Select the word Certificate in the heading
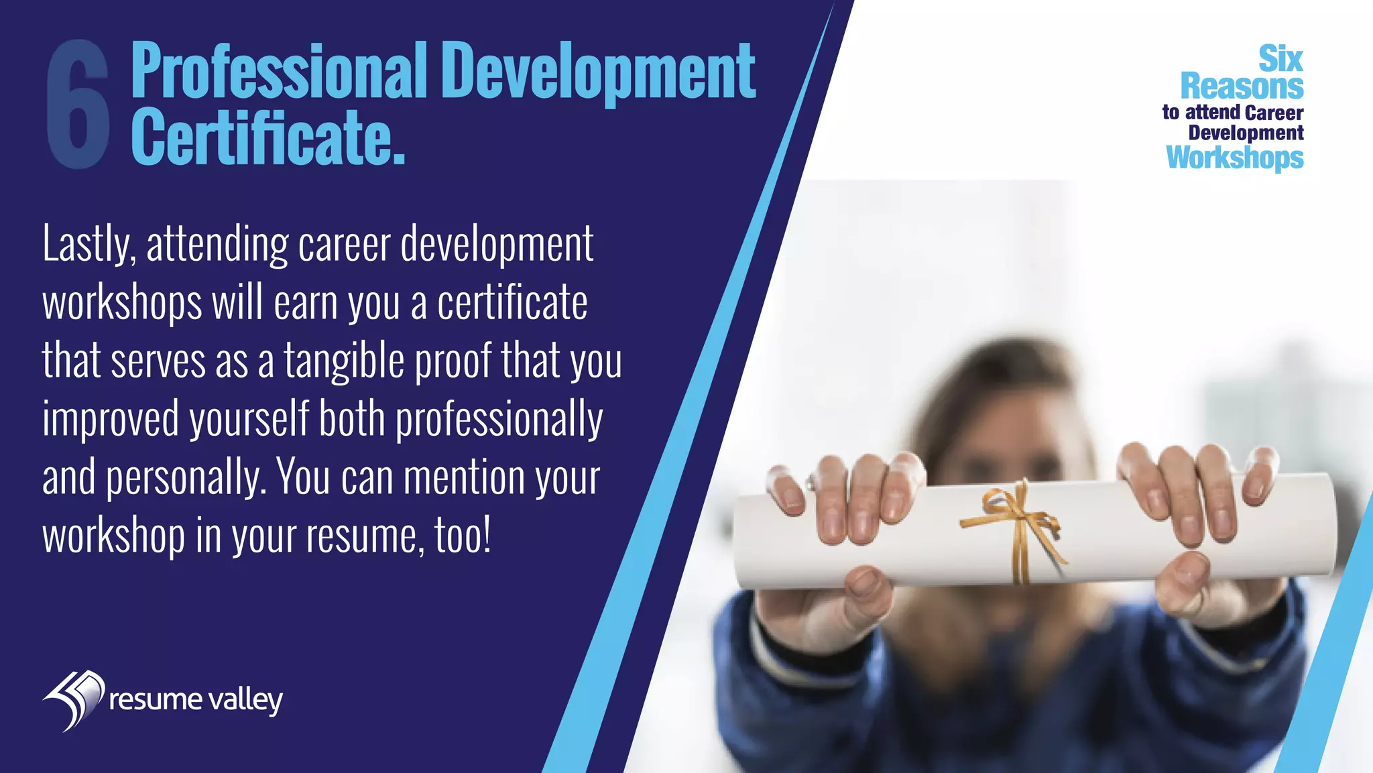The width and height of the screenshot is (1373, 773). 267,137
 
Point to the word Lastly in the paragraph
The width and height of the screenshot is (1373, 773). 89,245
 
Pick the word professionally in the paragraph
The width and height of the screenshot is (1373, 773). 499,420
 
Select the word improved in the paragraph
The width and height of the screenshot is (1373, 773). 111,420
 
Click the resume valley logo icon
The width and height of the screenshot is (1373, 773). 74,699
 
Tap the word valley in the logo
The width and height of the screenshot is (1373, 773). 245,701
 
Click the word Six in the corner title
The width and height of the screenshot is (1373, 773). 1280,59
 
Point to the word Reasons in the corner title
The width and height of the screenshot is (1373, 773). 1242,86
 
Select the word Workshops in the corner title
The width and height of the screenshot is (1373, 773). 1235,158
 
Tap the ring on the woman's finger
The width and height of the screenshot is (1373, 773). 812,481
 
